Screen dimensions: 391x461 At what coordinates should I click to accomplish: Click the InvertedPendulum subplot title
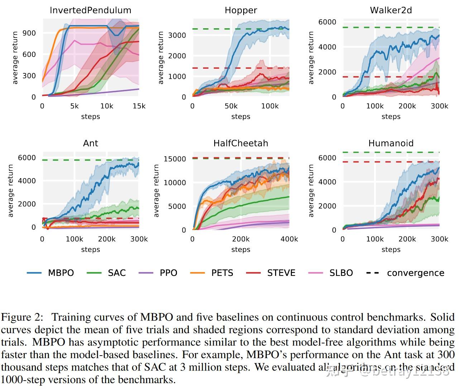click(90, 10)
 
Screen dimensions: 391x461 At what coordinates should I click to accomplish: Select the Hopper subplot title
click(241, 10)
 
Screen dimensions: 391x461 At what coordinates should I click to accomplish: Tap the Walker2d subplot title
click(391, 10)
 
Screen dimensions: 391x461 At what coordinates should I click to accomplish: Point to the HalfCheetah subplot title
click(241, 143)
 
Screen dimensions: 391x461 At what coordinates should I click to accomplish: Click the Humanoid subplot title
click(391, 143)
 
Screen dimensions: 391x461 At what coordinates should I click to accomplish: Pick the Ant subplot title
click(90, 143)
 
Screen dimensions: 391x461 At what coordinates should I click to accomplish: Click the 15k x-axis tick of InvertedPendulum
click(139, 106)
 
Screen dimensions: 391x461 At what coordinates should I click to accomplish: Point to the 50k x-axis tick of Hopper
click(231, 106)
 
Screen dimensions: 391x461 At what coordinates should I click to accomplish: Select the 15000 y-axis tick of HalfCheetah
click(175, 159)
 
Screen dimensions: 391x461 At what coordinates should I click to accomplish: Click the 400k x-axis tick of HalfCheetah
click(289, 239)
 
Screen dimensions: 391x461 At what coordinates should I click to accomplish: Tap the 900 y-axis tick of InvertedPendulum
click(29, 33)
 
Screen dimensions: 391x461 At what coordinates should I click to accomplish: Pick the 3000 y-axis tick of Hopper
click(177, 35)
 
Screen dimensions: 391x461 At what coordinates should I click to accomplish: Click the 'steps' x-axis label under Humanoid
click(391, 250)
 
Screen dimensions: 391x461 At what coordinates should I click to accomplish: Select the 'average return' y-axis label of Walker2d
click(311, 58)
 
